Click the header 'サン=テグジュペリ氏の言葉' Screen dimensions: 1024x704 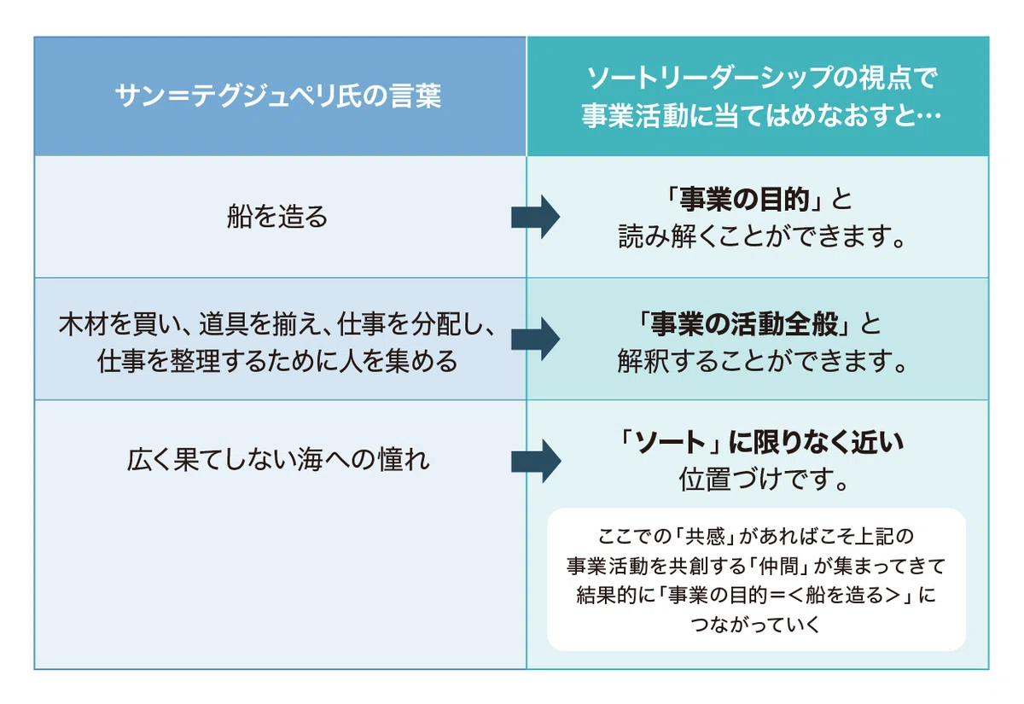pyautogui.click(x=278, y=96)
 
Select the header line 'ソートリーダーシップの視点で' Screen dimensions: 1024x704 pyautogui.click(x=762, y=78)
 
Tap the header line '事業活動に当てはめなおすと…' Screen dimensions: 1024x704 pyautogui.click(x=761, y=115)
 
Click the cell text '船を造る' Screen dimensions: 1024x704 pyautogui.click(x=277, y=216)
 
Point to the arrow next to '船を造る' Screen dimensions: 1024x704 pyautogui.click(x=535, y=217)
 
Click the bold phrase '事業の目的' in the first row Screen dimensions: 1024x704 pyautogui.click(x=744, y=200)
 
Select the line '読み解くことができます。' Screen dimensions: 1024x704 pyautogui.click(x=761, y=236)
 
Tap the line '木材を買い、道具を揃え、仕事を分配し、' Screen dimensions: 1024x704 pyautogui.click(x=277, y=324)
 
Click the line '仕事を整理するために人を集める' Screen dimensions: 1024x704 pyautogui.click(x=277, y=361)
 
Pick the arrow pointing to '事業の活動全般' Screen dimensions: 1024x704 pyautogui.click(x=535, y=339)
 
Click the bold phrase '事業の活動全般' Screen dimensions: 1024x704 pyautogui.click(x=744, y=323)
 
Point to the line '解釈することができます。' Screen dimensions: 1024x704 pyautogui.click(x=761, y=361)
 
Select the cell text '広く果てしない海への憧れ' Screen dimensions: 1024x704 pyautogui.click(x=278, y=460)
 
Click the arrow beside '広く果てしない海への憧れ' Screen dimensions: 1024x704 pyautogui.click(x=536, y=461)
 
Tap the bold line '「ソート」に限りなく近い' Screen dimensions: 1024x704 pyautogui.click(x=759, y=442)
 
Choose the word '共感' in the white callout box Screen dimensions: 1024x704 pyautogui.click(x=706, y=536)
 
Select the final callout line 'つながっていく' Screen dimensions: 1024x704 pyautogui.click(x=756, y=625)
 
